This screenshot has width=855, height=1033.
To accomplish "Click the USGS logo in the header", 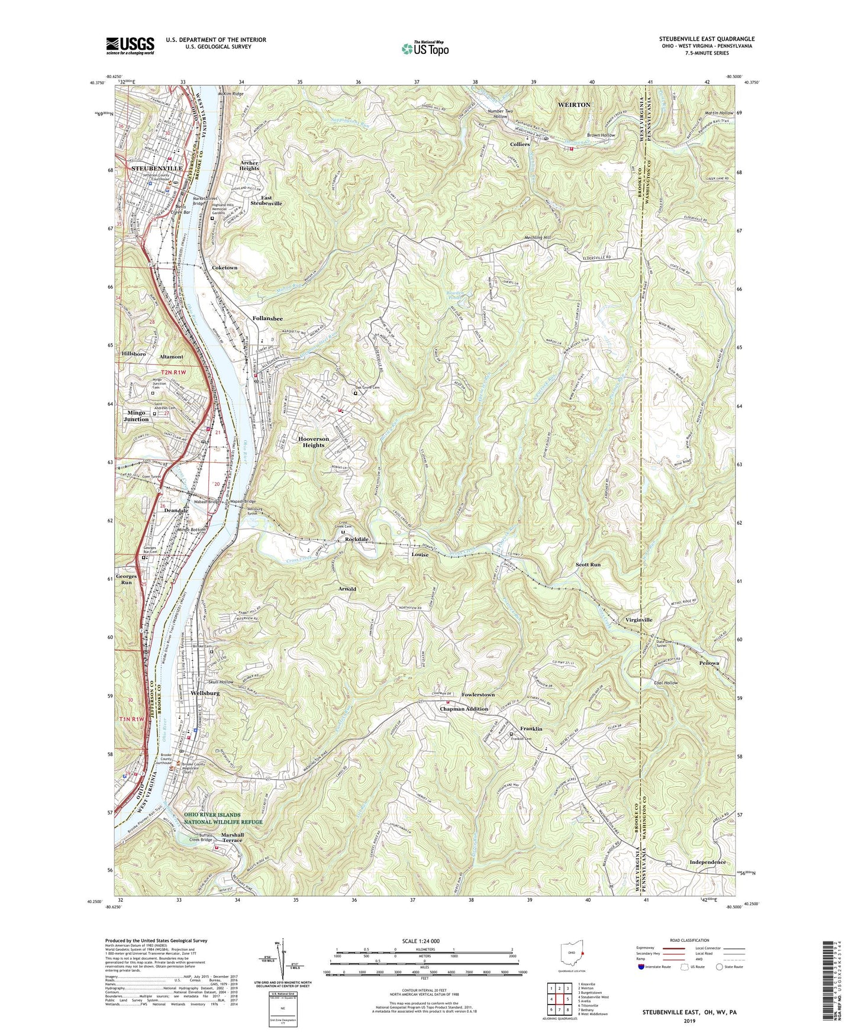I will click(x=130, y=46).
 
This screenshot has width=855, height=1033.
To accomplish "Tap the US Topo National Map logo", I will click(x=424, y=49).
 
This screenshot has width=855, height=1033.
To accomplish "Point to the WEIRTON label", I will click(x=574, y=105).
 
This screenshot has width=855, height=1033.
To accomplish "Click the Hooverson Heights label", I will click(x=314, y=442).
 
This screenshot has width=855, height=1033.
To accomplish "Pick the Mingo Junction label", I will click(x=136, y=415).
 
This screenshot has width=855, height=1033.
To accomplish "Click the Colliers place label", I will click(x=520, y=144).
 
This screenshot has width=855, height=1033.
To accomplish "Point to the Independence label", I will click(x=707, y=862).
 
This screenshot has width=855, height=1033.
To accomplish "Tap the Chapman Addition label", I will click(x=464, y=709).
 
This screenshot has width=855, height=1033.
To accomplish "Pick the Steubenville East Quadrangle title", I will click(x=707, y=39).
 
